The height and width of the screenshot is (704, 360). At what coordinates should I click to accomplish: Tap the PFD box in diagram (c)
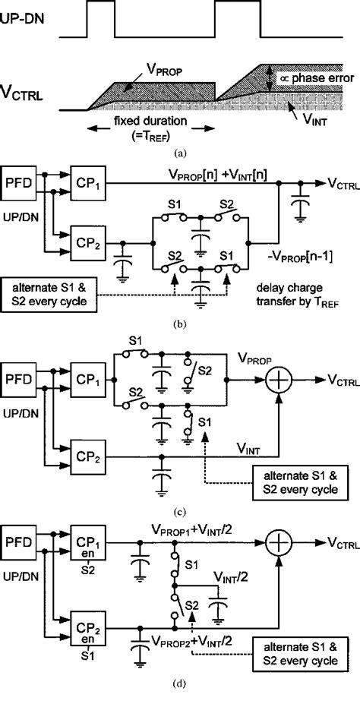tap(25, 377)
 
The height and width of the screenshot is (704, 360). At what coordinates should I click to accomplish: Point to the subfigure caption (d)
tap(180, 683)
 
